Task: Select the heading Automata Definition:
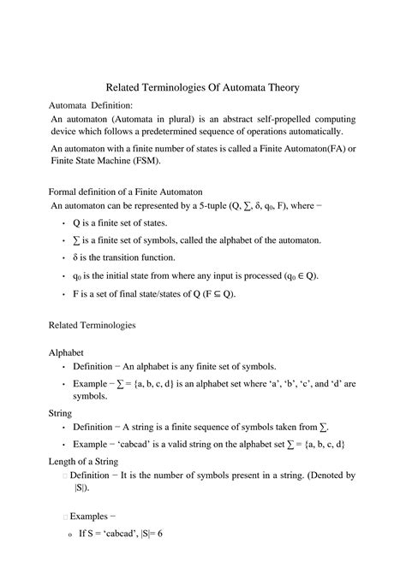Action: [x=90, y=104]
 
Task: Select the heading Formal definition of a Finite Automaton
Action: [x=125, y=192]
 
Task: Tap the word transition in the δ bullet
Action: [x=128, y=257]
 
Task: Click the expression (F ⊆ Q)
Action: [x=212, y=293]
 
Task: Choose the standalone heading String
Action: [x=61, y=412]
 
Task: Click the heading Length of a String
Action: [x=83, y=461]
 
